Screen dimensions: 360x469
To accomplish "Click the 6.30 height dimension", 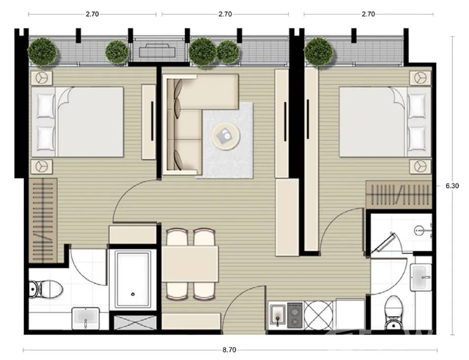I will (x=452, y=186).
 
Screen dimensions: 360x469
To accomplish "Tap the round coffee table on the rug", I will (x=226, y=134).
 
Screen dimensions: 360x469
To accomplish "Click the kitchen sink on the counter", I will (x=278, y=315).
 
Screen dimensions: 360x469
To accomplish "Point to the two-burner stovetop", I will (x=295, y=315).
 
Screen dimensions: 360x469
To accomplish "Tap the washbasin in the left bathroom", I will (x=86, y=318).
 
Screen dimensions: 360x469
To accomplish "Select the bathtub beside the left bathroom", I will (x=133, y=280).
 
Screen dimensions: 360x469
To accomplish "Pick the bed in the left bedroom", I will (x=79, y=122).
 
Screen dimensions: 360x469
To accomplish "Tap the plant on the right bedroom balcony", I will (x=319, y=51).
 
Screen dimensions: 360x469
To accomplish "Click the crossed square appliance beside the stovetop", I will (x=318, y=315).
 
